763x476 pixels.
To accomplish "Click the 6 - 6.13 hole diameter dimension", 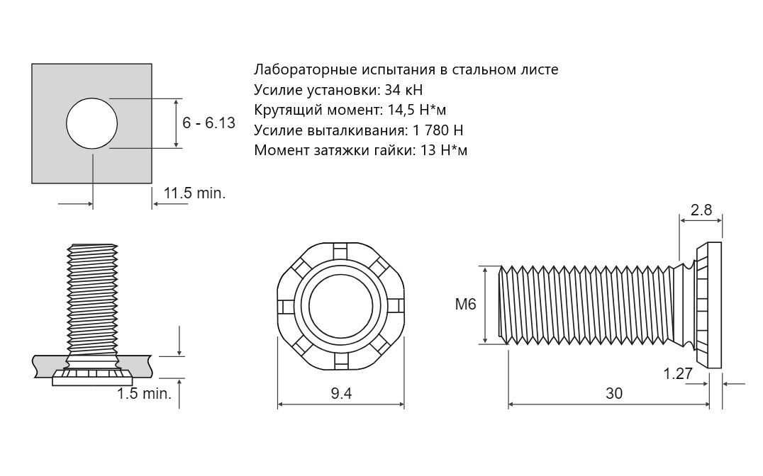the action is tap(208, 123).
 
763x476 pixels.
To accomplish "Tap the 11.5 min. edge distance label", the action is tap(194, 193).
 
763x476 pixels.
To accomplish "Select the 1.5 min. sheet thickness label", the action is tap(144, 393).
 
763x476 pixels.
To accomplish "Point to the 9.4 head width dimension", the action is tap(341, 393).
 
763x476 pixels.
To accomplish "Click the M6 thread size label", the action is tap(466, 305).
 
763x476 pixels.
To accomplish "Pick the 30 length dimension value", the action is tap(614, 393).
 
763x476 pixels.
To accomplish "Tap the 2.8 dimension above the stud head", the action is tap(701, 210).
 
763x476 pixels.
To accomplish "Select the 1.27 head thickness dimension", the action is tap(678, 373).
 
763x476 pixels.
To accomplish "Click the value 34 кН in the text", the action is tap(403, 90).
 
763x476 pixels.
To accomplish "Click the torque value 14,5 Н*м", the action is tap(417, 110).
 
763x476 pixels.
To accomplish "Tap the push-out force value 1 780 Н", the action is tap(438, 130).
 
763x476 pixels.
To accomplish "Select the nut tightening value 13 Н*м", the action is tap(443, 150).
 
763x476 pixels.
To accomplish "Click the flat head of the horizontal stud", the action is tap(708, 305).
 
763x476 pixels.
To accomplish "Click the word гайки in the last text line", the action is tap(397, 150).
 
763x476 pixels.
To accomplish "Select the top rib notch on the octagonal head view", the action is tap(340, 251).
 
